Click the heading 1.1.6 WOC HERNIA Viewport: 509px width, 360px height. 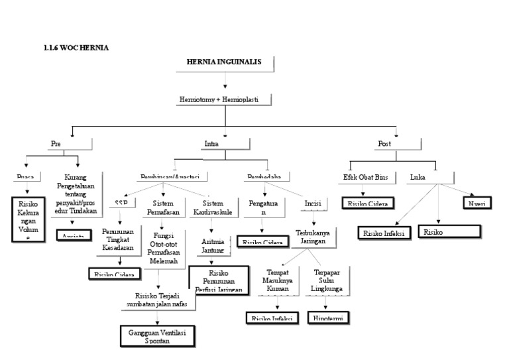click(x=76, y=48)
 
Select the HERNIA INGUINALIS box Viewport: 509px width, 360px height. click(x=225, y=62)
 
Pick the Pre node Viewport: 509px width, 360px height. click(x=56, y=144)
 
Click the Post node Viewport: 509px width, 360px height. click(x=384, y=144)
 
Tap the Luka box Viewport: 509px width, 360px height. click(x=419, y=177)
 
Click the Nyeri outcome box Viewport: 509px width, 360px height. click(x=477, y=202)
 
